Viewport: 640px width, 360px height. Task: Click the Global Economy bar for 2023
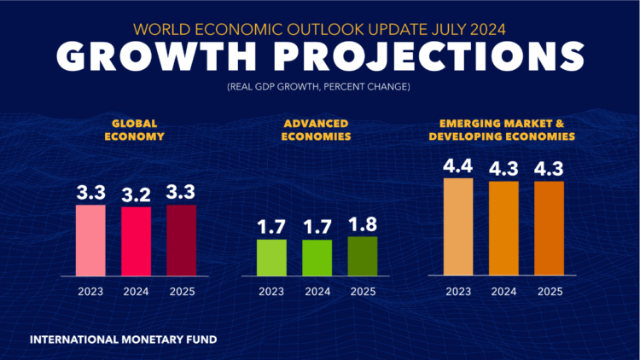[x=90, y=241]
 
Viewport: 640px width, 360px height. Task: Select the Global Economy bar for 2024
[x=136, y=241]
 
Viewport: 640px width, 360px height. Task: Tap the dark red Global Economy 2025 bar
[x=181, y=241]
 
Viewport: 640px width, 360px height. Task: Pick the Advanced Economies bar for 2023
[x=272, y=258]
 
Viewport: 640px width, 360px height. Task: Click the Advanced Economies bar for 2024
[x=317, y=258]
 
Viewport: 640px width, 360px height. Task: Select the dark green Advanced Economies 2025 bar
[x=363, y=256]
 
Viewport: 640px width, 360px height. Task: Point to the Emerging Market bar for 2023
[x=458, y=227]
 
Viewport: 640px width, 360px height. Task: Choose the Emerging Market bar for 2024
[x=503, y=229]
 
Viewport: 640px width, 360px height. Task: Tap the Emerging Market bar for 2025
[x=549, y=229]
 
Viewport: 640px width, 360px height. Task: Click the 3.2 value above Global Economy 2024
[x=136, y=194]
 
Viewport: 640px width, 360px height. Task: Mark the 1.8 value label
[x=363, y=224]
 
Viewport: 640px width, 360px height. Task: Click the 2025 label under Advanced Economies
[x=363, y=293]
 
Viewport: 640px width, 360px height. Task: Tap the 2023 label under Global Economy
[x=90, y=293]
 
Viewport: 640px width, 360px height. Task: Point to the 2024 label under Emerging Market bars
[x=503, y=293]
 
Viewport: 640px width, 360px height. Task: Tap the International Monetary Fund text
[x=123, y=340]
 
